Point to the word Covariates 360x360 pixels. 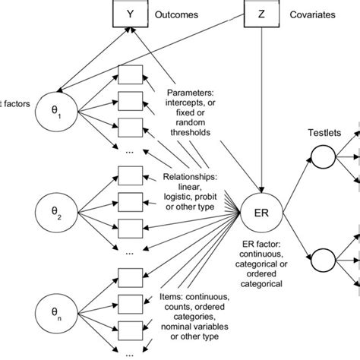317,14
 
